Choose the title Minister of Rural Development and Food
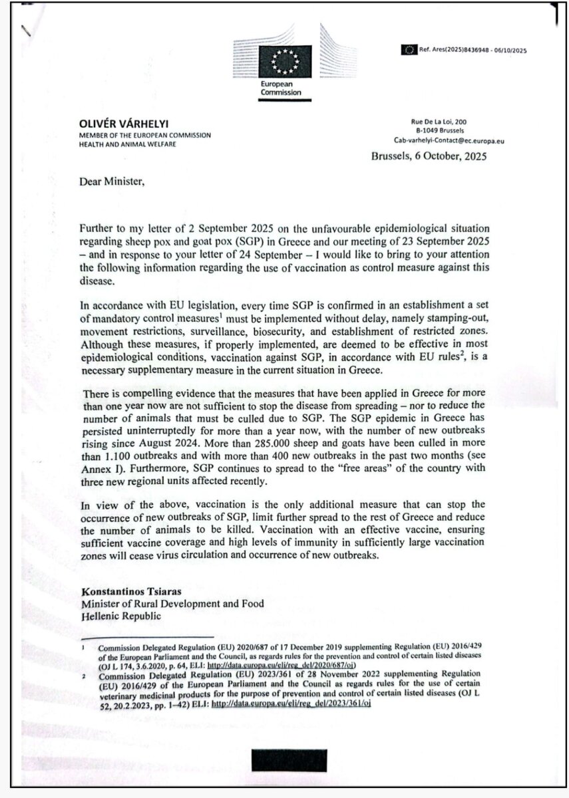(172, 603)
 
